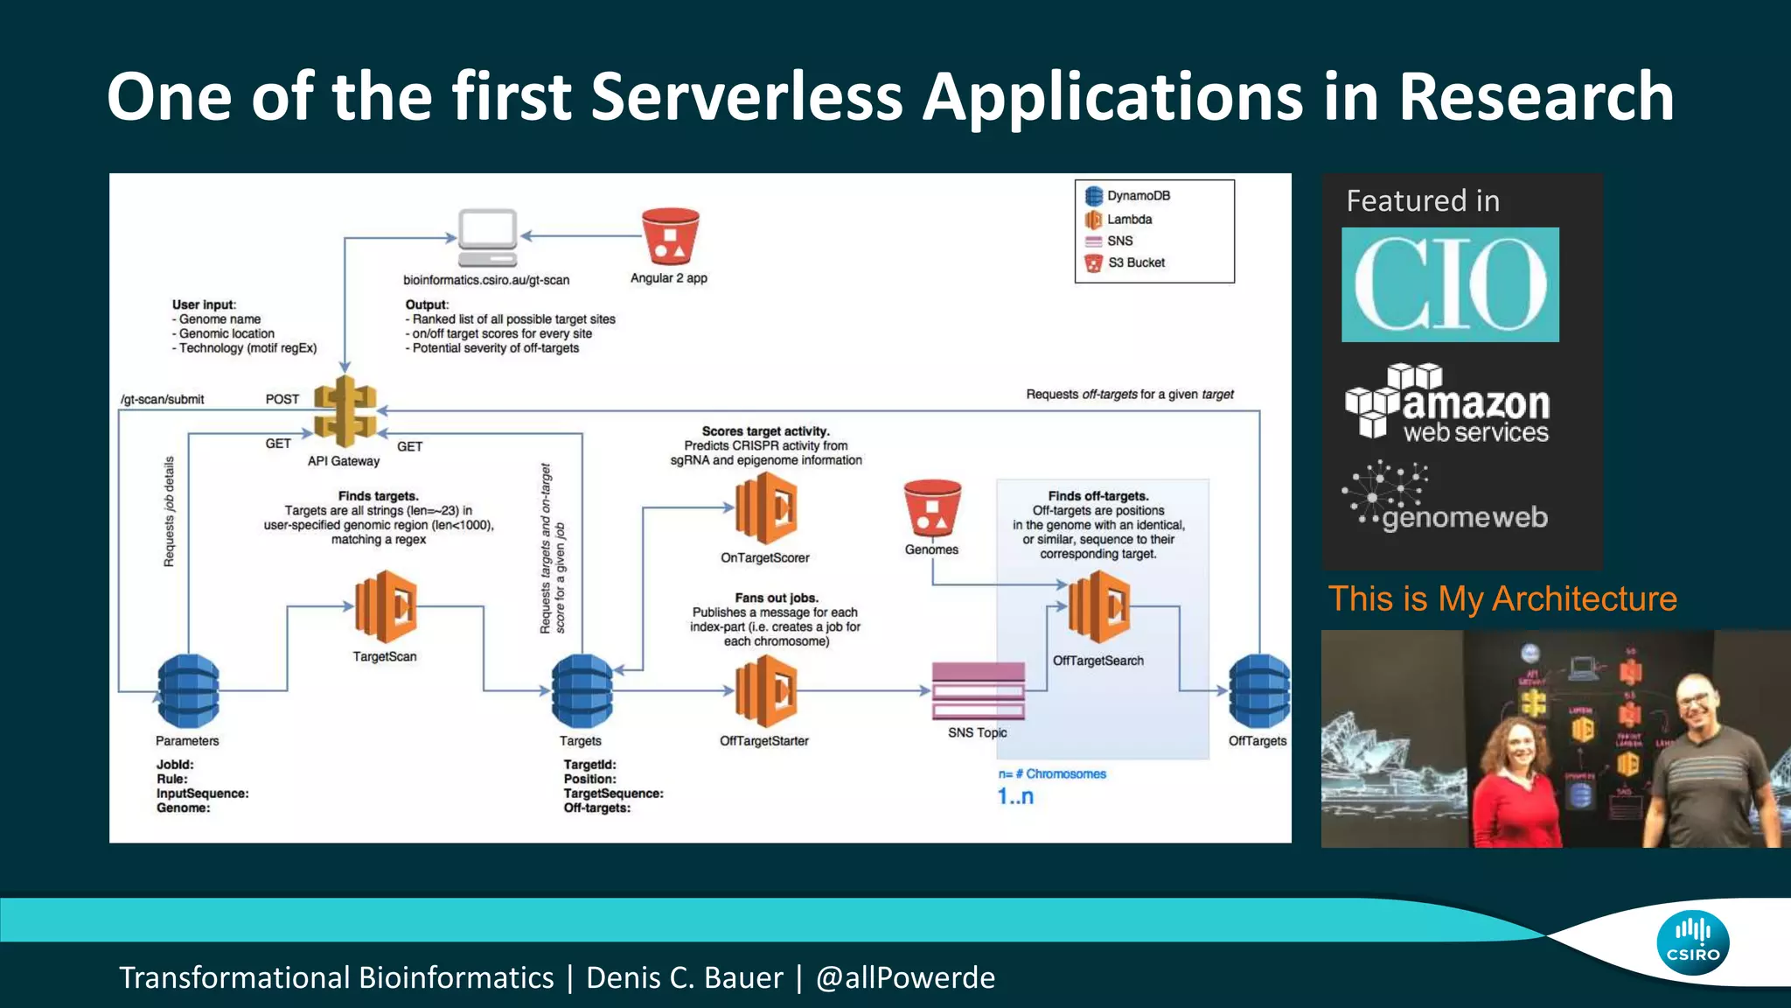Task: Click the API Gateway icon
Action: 345,411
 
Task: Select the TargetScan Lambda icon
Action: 386,606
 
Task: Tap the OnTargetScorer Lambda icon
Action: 766,507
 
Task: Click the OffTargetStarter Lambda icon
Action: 766,691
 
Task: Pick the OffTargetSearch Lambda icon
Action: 1099,606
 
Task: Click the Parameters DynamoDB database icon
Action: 188,691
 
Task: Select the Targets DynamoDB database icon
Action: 582,691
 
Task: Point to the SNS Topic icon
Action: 978,691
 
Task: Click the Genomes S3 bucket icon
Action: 932,507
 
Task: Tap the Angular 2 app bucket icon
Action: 670,236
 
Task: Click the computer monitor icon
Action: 488,237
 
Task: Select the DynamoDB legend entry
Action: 1128,196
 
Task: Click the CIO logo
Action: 1450,284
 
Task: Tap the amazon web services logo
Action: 1447,402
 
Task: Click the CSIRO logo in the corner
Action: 1692,943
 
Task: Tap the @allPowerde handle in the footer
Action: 905,977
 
